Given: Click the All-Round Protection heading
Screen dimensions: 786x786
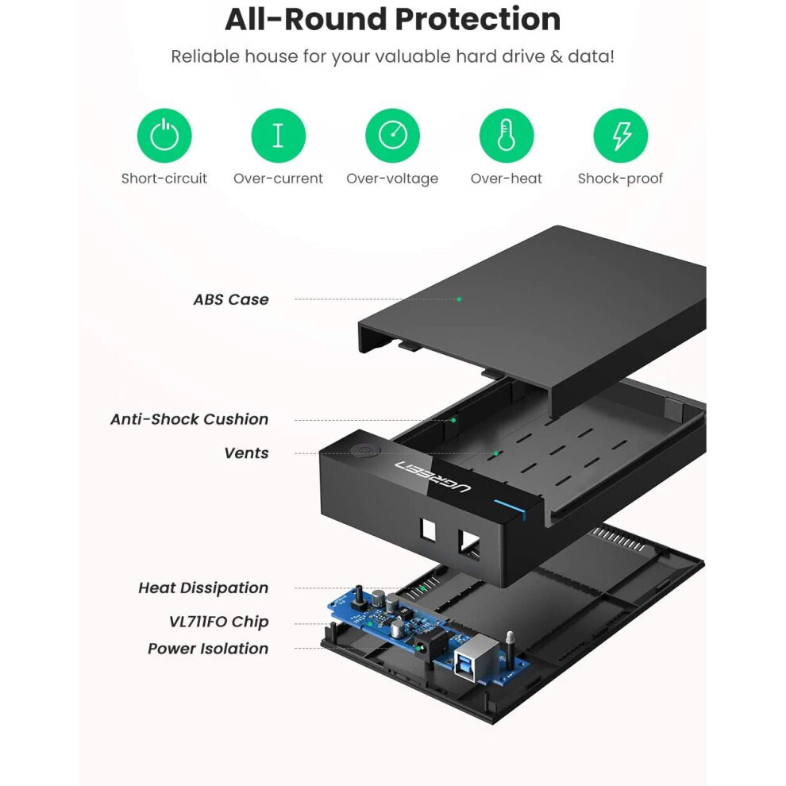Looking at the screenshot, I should [x=392, y=19].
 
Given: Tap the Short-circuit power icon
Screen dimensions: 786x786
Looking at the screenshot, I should [x=164, y=136].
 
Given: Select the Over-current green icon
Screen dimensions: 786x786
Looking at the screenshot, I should [x=278, y=136].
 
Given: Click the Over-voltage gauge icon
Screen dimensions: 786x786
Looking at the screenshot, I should [x=392, y=136].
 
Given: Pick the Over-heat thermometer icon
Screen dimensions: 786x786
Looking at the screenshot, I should [x=506, y=136].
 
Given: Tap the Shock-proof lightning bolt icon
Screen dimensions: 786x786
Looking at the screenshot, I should [x=620, y=136].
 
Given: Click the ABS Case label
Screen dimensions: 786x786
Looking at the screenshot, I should [x=231, y=299].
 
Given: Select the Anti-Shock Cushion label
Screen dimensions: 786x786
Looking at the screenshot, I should [x=189, y=419].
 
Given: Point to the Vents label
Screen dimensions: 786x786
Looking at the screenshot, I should [x=246, y=453].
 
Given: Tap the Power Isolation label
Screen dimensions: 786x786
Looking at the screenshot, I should [x=208, y=649].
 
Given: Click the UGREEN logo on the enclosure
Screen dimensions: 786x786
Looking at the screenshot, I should [x=435, y=476].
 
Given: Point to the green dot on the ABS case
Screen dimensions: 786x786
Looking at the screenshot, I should [x=459, y=299].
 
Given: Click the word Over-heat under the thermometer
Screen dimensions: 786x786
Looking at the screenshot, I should [x=506, y=179].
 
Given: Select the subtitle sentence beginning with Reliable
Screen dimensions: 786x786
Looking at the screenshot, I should [x=392, y=56].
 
